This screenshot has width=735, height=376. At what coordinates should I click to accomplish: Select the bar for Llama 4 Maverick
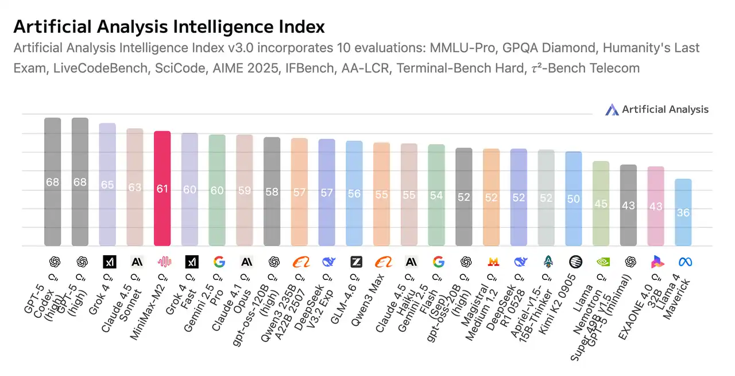[683, 212]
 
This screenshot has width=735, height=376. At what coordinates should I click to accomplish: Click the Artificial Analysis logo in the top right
[657, 109]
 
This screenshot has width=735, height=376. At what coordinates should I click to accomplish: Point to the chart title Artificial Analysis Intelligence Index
[169, 26]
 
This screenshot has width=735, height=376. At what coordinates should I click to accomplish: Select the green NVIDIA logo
[601, 262]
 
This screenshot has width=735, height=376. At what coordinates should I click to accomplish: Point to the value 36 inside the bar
[683, 213]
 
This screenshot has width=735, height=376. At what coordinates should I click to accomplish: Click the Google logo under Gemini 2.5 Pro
[219, 262]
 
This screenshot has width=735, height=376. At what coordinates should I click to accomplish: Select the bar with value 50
[574, 198]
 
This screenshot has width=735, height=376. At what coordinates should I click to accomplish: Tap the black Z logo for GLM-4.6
[356, 262]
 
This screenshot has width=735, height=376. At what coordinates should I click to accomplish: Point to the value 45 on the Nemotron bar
[601, 204]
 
